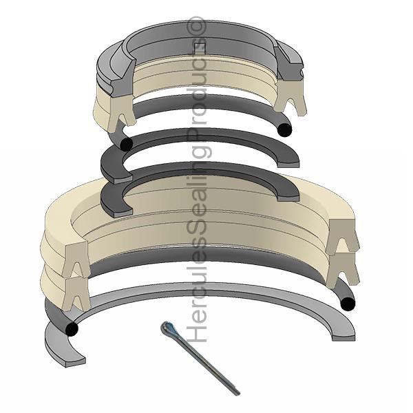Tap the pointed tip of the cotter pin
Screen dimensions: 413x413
tap(238, 392)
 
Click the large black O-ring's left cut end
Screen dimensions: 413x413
tap(70, 330)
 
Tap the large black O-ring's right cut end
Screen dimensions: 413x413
tap(348, 303)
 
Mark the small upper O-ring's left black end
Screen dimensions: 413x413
tap(125, 144)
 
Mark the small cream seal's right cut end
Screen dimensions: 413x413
tap(294, 100)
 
